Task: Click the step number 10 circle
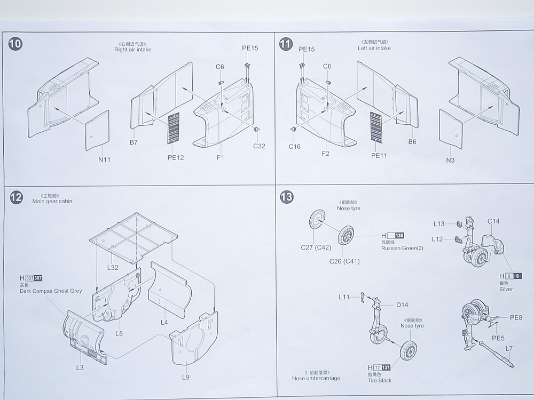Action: (x=16, y=44)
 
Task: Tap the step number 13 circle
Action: (x=287, y=197)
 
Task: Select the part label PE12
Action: (x=176, y=157)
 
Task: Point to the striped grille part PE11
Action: (x=377, y=127)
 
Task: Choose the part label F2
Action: (x=325, y=153)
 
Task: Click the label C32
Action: (x=259, y=146)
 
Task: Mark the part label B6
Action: (x=412, y=142)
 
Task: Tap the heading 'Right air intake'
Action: (x=133, y=49)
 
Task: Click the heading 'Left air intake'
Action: (x=374, y=48)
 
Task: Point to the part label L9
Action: (x=185, y=377)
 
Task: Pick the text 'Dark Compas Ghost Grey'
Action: (x=51, y=291)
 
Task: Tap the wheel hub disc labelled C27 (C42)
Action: (x=317, y=221)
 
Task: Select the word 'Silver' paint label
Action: (x=506, y=289)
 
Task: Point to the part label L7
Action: (x=509, y=349)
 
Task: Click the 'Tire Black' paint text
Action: (x=380, y=380)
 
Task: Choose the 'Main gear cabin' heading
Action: (x=52, y=201)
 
